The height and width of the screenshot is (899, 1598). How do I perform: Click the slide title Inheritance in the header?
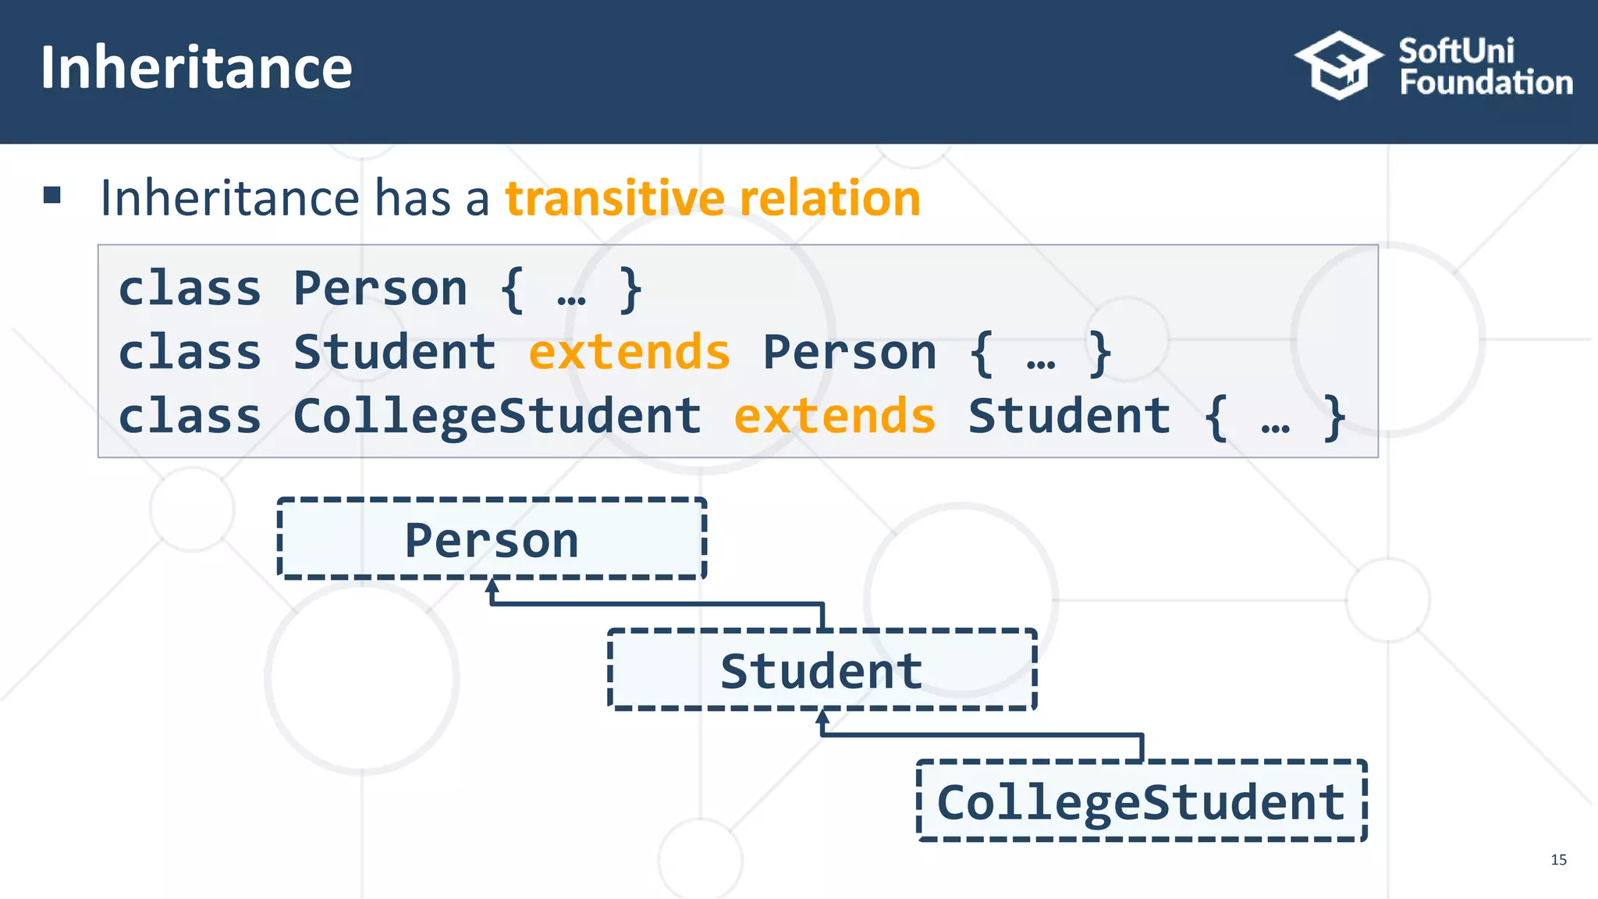[196, 68]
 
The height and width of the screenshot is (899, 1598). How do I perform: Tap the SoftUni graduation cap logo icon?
[1339, 66]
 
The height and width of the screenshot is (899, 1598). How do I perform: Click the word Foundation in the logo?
[1486, 83]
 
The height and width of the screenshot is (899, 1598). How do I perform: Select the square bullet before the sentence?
[52, 195]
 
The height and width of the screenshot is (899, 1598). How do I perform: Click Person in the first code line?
[380, 289]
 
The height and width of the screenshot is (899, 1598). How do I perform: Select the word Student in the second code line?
[394, 352]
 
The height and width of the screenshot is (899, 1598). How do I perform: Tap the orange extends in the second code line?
[629, 352]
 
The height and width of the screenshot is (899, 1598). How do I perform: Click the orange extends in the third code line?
[834, 416]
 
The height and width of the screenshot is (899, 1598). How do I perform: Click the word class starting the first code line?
[189, 289]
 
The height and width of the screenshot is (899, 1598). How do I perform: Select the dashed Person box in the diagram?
[492, 539]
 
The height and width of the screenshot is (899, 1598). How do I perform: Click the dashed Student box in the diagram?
[822, 670]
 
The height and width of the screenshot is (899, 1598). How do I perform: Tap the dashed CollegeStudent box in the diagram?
[1142, 801]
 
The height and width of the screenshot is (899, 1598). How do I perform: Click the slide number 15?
[1558, 860]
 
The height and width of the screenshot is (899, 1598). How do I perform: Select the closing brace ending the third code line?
[1335, 418]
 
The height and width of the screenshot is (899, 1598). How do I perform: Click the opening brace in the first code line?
[512, 290]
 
